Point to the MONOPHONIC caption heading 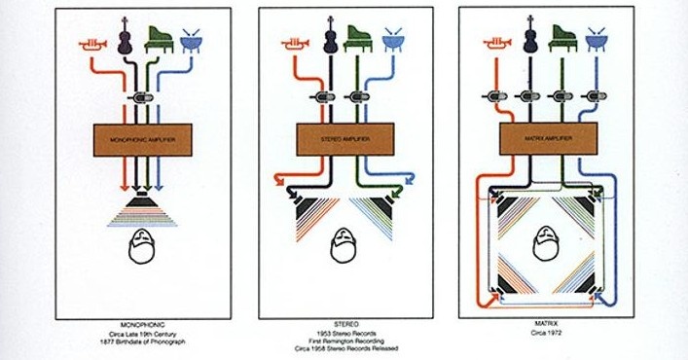point(142,321)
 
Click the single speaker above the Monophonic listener point(142,206)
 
